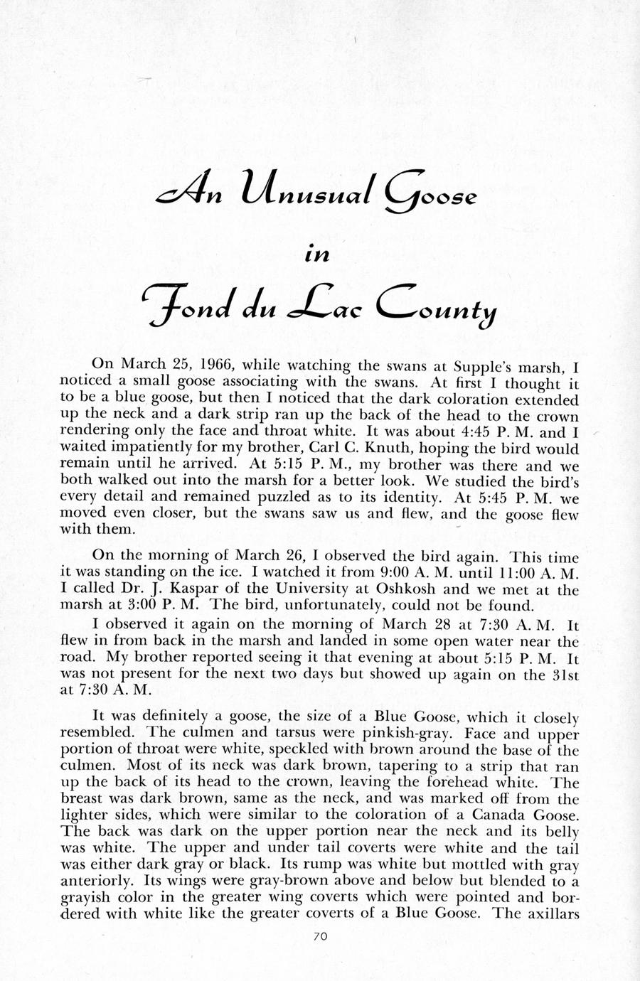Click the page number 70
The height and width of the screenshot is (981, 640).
click(319, 937)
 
